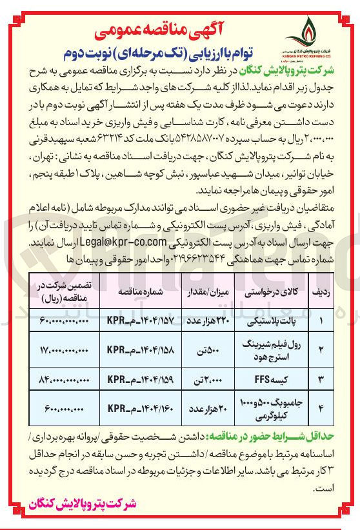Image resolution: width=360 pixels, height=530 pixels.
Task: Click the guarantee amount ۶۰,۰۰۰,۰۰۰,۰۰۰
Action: click(x=63, y=320)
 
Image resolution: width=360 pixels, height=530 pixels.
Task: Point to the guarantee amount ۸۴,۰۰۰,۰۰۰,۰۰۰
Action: click(x=63, y=380)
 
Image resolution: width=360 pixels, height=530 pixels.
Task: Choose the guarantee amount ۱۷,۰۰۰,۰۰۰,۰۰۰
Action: click(x=63, y=350)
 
